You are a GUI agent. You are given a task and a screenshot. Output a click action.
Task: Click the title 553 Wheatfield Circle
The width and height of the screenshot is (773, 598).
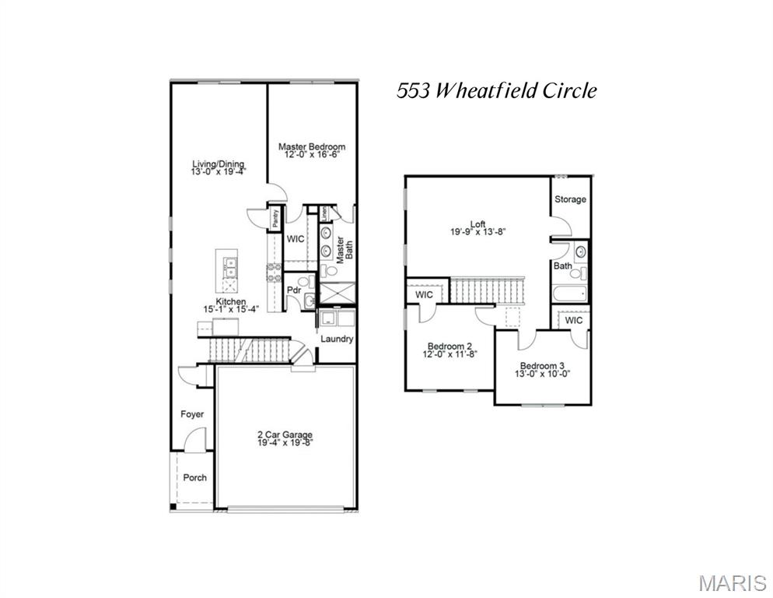pos(497,91)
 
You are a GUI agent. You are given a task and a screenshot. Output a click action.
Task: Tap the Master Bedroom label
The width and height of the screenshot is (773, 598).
pos(312,146)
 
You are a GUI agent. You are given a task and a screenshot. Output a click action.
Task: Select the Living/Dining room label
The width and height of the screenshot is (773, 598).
pos(219,164)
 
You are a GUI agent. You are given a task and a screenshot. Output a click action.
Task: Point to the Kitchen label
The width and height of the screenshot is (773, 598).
pos(231,301)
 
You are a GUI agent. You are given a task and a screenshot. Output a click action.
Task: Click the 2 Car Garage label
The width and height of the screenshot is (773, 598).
pos(285,434)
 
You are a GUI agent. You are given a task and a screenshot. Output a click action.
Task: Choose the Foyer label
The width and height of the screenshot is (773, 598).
pos(192,414)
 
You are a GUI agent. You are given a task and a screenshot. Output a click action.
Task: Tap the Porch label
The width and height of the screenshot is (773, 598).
pos(194,477)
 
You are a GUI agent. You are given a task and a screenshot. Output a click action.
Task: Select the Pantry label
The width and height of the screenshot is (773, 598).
pos(275,219)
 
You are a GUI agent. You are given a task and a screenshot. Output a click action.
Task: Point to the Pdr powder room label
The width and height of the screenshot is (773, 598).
pos(294,290)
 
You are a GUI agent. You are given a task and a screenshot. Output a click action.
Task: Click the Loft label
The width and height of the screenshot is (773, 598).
pos(478,223)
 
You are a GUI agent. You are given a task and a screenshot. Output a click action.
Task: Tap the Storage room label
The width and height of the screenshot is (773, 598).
pos(570,199)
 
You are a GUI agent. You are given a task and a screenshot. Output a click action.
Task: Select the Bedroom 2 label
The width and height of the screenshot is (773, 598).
pos(449,346)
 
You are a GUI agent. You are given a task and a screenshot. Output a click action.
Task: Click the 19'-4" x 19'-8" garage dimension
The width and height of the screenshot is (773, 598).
pos(285,443)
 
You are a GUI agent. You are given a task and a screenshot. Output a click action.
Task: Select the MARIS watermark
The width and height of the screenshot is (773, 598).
pos(733,582)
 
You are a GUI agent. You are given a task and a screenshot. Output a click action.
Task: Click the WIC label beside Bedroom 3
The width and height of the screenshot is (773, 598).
pos(574,320)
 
